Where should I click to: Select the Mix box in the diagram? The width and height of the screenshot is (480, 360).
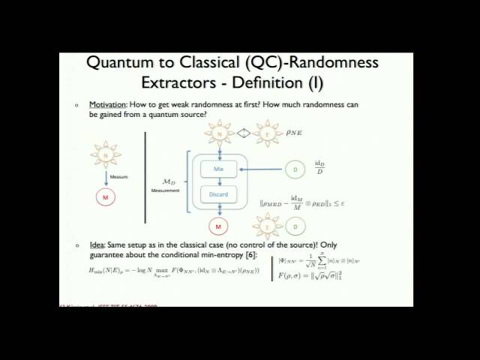tap(218, 169)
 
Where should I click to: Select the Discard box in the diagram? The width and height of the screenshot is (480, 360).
tap(218, 194)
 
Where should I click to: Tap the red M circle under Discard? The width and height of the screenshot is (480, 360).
tap(219, 226)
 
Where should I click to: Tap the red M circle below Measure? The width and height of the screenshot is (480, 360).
tap(106, 197)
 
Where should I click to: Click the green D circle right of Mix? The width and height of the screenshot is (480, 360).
tap(295, 170)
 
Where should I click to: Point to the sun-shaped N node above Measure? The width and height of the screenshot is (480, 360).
tap(106, 155)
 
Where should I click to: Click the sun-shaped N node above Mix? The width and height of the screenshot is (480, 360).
tap(219, 134)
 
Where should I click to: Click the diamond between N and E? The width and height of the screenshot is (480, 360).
tap(243, 134)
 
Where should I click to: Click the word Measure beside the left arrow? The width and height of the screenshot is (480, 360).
tap(118, 177)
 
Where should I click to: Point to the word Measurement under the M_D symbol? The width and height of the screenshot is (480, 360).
tap(165, 190)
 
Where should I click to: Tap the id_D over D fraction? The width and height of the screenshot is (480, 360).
tap(319, 167)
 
